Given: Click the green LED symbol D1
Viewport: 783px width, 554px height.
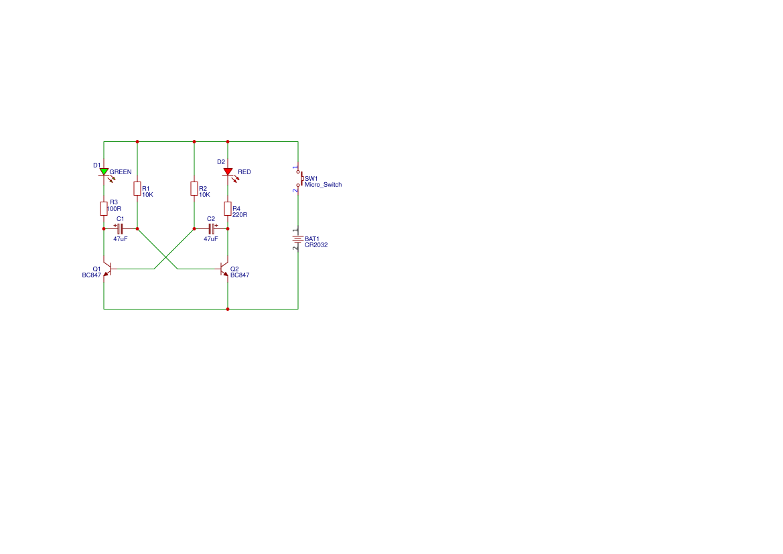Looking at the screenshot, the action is (104, 172).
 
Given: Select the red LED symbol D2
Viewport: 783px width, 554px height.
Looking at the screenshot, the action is (228, 172).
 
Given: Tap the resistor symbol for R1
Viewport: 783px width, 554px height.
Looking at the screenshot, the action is (137, 188).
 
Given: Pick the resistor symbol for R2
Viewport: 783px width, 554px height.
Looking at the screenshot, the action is (194, 188).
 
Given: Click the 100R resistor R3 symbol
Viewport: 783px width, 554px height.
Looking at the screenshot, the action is (104, 208).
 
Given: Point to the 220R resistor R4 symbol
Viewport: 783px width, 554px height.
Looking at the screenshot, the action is (228, 208).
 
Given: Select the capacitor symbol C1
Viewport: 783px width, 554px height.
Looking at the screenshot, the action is (120, 229).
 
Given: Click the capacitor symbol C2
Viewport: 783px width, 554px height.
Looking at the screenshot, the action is (212, 229).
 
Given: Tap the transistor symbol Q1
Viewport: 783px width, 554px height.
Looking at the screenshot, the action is (107, 269).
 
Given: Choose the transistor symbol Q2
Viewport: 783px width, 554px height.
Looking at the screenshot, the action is (224, 269).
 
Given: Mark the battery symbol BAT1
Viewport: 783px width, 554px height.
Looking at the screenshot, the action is (298, 239).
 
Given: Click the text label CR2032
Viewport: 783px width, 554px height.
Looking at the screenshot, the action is (316, 245).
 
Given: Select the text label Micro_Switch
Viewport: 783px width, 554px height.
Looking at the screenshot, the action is (323, 185).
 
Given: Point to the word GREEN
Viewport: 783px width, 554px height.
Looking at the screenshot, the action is (121, 172).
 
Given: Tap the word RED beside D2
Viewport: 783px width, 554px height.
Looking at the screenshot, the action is (244, 172).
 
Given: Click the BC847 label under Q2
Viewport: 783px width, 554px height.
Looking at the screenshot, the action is (240, 275).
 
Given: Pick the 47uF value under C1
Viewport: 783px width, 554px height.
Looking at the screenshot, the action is (121, 239).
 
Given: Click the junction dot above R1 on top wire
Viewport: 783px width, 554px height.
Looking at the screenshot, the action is (137, 142).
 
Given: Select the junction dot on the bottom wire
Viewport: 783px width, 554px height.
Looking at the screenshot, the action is (228, 309).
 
